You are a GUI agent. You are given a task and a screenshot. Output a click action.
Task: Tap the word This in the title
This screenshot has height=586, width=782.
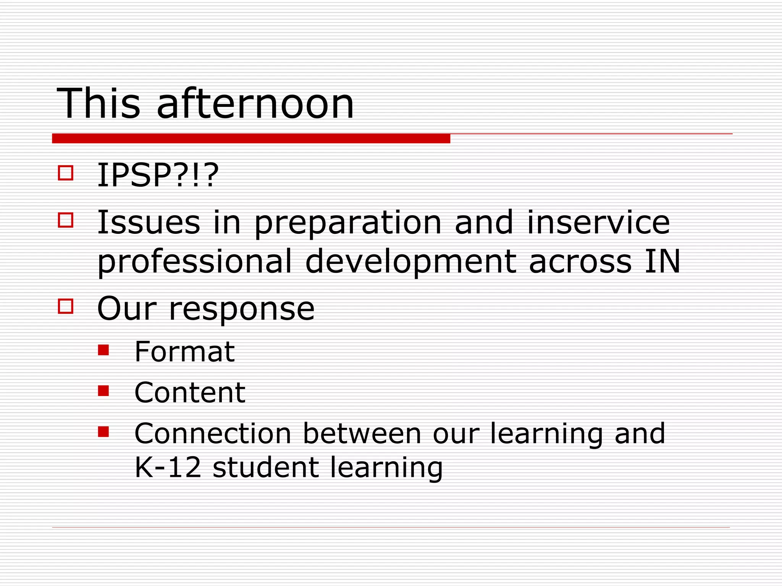click(x=99, y=104)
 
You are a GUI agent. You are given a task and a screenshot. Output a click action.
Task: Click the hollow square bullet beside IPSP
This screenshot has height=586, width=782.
click(x=66, y=172)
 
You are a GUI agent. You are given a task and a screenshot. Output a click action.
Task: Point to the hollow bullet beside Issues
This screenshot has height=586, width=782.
click(x=66, y=220)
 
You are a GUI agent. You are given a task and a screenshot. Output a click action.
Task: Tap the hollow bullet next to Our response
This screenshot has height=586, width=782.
click(x=66, y=306)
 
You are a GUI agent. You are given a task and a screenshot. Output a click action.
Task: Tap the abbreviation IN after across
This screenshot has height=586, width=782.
click(x=662, y=261)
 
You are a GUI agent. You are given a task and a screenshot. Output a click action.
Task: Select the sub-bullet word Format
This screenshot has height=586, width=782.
click(x=184, y=352)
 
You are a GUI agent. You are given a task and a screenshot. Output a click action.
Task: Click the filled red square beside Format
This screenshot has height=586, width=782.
click(x=103, y=350)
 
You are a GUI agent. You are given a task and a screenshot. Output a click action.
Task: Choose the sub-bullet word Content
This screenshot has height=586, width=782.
click(x=190, y=393)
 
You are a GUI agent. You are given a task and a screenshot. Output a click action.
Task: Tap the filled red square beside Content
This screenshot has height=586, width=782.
click(x=103, y=391)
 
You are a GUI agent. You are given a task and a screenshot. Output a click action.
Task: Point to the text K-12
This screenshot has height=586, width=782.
click(x=168, y=467)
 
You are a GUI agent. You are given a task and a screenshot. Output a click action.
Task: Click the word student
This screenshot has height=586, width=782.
click(x=265, y=467)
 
